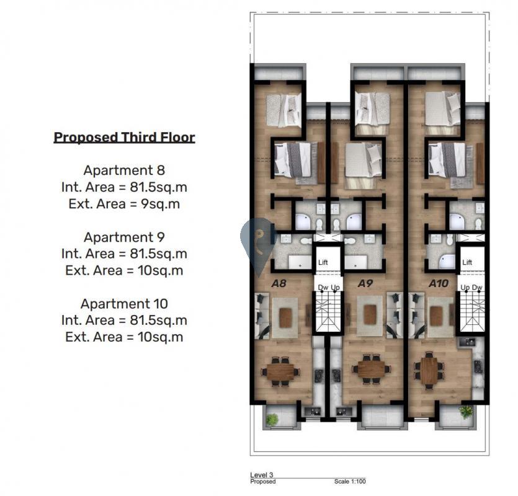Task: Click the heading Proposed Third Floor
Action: tap(124, 138)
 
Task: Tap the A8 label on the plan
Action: tap(279, 283)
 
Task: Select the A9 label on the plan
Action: tap(365, 283)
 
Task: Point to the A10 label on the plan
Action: tap(439, 283)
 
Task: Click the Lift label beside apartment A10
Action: tap(467, 262)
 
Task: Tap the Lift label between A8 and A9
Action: tap(323, 262)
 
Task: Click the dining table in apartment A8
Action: tap(280, 371)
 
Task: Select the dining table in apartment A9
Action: tap(372, 369)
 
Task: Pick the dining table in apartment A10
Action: tap(429, 371)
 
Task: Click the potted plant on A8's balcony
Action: tap(272, 419)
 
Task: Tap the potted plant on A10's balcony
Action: tap(466, 412)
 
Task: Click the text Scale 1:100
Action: tap(350, 482)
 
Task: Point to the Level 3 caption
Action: tap(262, 475)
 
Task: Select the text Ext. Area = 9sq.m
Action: tap(124, 204)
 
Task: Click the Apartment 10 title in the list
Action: tap(124, 303)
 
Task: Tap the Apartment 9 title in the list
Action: tap(124, 237)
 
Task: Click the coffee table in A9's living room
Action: tap(370, 314)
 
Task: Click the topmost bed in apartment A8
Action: tap(284, 110)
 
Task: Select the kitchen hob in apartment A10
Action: tap(476, 366)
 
